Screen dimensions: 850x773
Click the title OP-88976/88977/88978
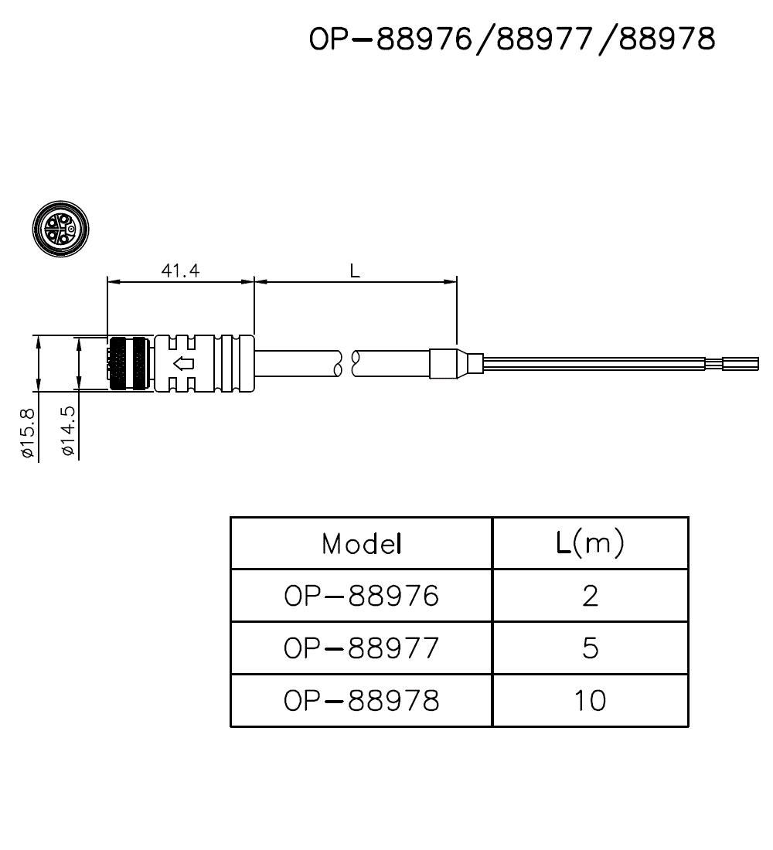pos(512,39)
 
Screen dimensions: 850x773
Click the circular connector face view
pos(61,229)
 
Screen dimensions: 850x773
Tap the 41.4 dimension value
pos(180,270)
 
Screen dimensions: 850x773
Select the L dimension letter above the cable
pos(355,270)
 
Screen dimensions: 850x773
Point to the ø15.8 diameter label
pos(28,433)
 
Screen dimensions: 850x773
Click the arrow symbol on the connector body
pos(182,363)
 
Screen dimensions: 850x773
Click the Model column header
pos(362,544)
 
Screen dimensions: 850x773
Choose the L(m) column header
pos(590,544)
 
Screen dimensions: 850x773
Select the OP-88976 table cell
pos(362,596)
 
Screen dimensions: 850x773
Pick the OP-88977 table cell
pos(362,648)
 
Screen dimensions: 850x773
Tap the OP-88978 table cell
pos(362,700)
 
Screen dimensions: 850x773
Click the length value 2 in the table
pos(590,596)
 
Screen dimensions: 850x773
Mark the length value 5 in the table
pos(590,648)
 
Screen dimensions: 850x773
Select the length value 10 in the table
pos(590,700)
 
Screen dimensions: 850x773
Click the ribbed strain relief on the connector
pos(232,363)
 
